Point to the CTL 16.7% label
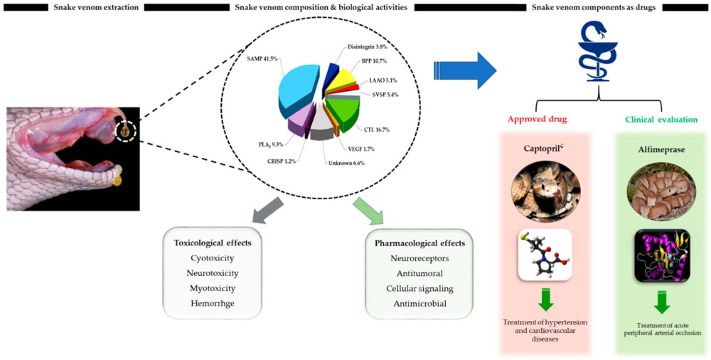pyautogui.click(x=378, y=129)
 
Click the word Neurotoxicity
pyautogui.click(x=215, y=272)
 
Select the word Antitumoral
pyautogui.click(x=419, y=272)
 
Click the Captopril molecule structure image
pyautogui.click(x=546, y=254)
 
